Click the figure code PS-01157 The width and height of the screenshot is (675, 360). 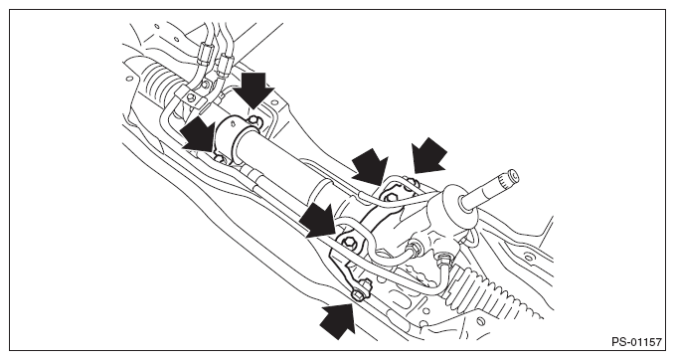click(636, 342)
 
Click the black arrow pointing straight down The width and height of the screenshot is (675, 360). click(254, 90)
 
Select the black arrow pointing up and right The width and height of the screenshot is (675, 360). click(339, 317)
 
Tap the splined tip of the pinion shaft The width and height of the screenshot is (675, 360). click(509, 177)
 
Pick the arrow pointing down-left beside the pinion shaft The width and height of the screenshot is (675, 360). click(428, 155)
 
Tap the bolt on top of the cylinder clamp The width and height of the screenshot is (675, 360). click(256, 122)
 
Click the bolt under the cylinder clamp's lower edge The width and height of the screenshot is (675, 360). click(220, 158)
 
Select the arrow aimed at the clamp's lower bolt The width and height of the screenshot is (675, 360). click(198, 135)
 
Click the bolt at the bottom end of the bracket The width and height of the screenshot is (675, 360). click(361, 291)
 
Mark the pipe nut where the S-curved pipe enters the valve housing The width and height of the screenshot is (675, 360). click(415, 248)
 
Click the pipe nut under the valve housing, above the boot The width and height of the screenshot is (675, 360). click(442, 260)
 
